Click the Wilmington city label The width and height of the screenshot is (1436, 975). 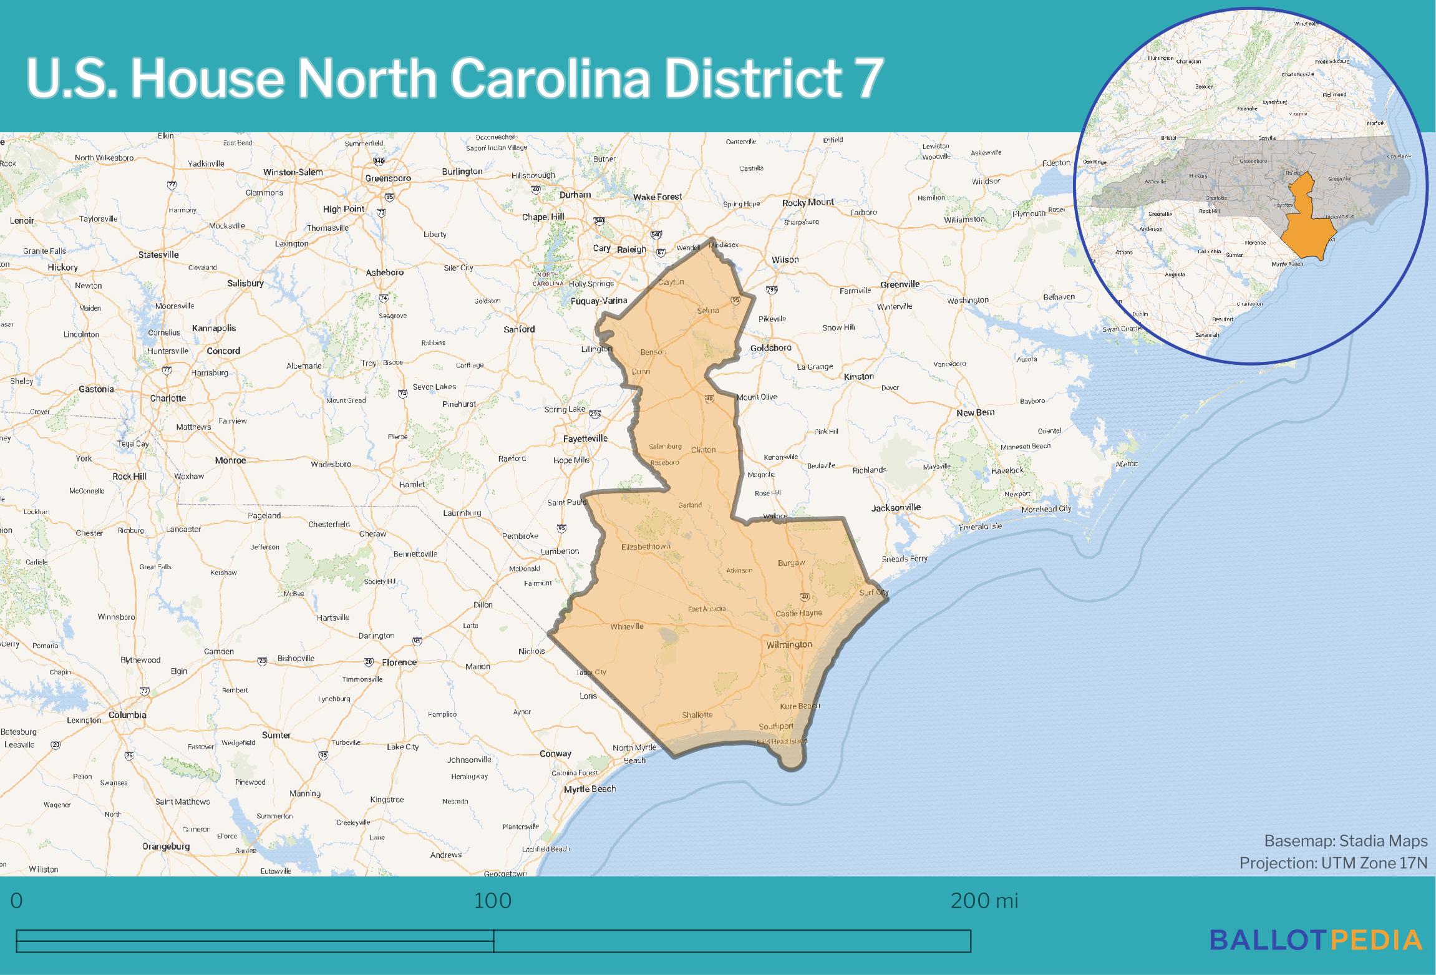(789, 644)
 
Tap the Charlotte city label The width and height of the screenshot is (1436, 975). (168, 398)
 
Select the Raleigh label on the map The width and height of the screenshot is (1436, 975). (631, 250)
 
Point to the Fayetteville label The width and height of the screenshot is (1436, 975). (585, 439)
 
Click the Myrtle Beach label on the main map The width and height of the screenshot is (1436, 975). (589, 789)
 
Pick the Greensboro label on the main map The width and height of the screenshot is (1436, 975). (388, 178)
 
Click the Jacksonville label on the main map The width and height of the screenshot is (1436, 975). (896, 508)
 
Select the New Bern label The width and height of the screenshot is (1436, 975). (976, 413)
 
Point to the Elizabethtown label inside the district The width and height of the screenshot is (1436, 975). (646, 547)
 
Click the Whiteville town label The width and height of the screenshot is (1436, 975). (626, 626)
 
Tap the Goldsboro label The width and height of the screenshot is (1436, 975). (770, 348)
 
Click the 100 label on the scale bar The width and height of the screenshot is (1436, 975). (493, 901)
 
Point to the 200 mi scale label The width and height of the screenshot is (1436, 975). (984, 901)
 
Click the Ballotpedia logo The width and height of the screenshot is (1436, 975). (1316, 939)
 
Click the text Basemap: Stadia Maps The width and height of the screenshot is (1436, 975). (1346, 842)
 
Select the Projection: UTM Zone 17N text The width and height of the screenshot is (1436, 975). (1333, 863)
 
